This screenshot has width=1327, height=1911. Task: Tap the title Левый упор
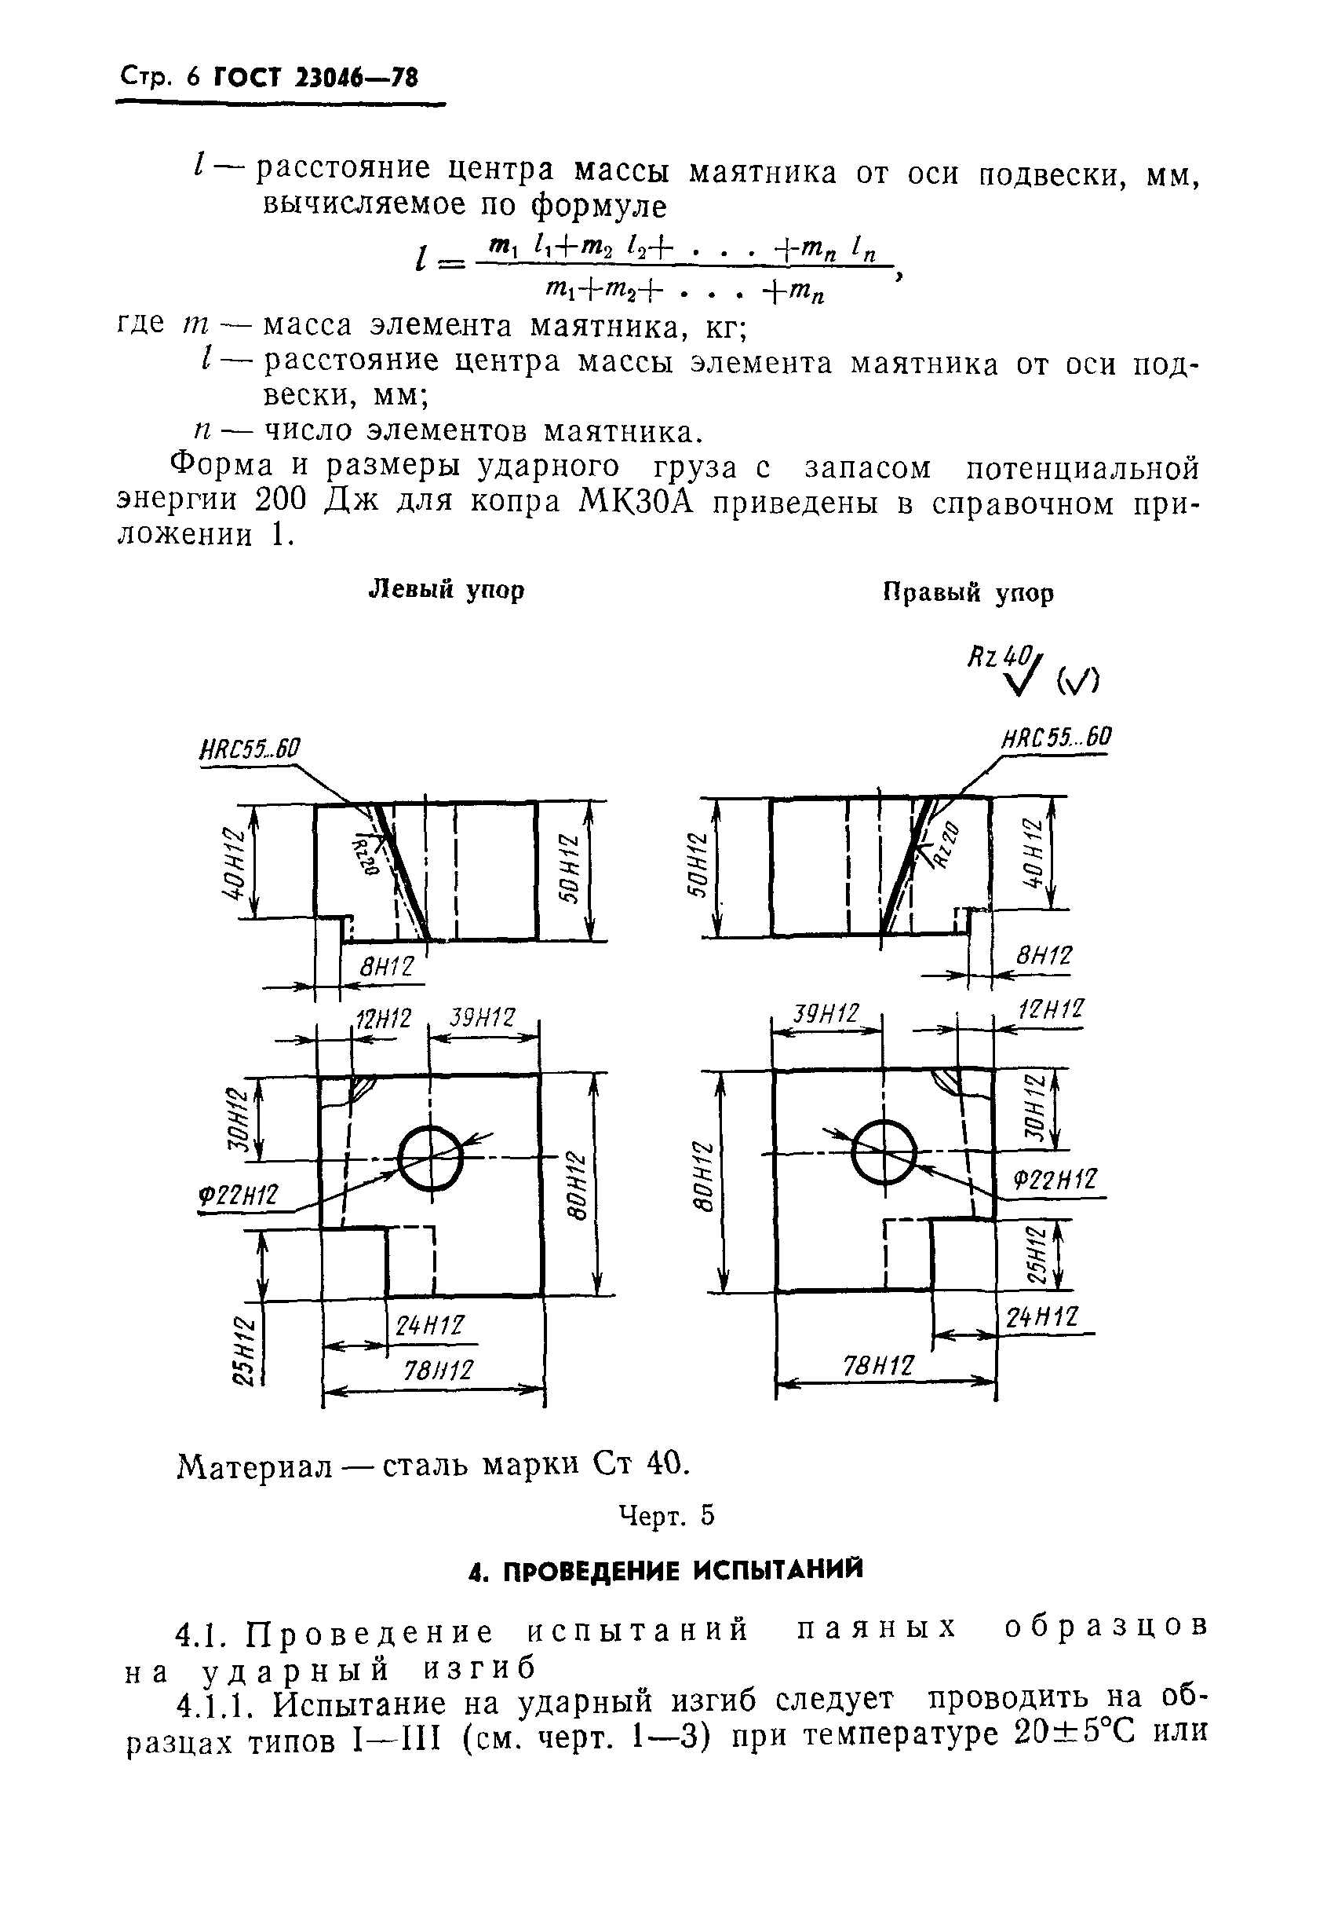point(446,590)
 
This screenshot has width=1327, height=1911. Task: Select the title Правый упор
point(968,593)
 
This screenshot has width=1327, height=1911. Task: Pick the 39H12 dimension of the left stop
point(483,1018)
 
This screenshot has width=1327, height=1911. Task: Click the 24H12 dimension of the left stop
point(429,1325)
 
